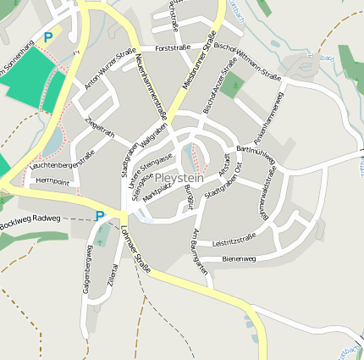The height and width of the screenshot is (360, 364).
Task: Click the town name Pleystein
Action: click(180, 180)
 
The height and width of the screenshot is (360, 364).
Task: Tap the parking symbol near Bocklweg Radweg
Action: click(100, 216)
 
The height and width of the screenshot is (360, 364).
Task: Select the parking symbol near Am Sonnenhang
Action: click(47, 37)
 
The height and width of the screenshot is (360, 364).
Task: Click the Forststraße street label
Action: click(173, 48)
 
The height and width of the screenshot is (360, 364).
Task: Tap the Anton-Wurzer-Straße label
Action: click(110, 69)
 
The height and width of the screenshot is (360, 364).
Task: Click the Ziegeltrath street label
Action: click(101, 134)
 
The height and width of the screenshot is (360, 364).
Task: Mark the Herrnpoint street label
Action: click(52, 181)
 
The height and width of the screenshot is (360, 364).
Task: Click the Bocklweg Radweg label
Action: click(31, 219)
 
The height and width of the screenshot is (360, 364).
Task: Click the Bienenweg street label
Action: click(239, 258)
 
